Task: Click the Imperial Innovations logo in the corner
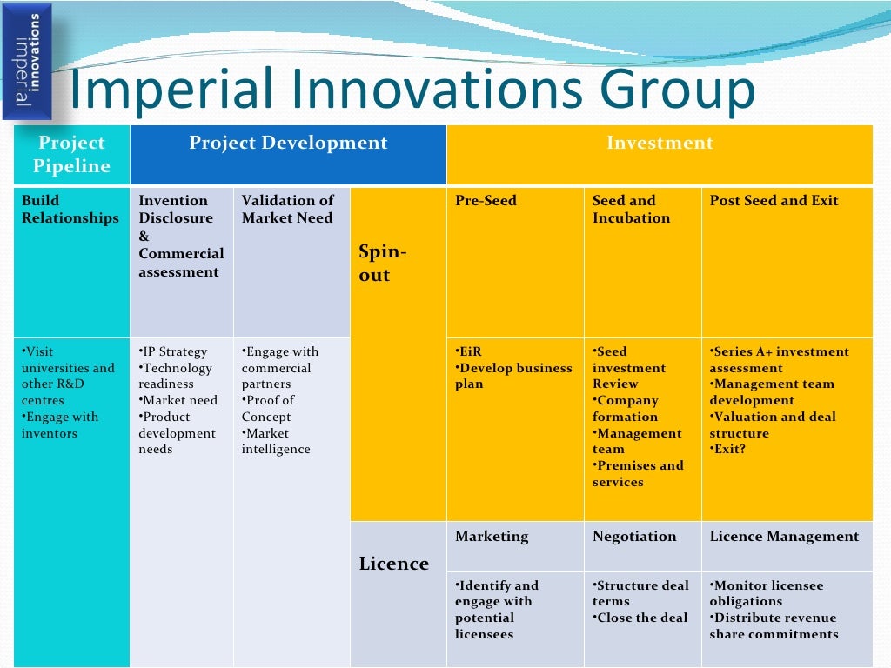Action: click(x=27, y=61)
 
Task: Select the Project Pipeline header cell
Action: click(x=71, y=155)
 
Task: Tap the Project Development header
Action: click(x=288, y=144)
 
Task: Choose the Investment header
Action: click(x=660, y=144)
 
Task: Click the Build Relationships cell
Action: click(x=70, y=210)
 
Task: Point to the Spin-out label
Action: click(x=383, y=264)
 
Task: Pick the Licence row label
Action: click(x=394, y=564)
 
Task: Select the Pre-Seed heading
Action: click(x=486, y=201)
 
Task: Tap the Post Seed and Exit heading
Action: click(x=774, y=201)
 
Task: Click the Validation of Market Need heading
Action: click(x=288, y=210)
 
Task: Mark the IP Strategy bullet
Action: click(x=174, y=351)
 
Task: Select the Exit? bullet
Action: click(x=729, y=450)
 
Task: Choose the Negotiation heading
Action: click(x=633, y=537)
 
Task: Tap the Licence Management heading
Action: click(x=783, y=537)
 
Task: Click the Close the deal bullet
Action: click(x=641, y=618)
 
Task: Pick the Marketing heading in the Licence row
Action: click(x=492, y=537)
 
